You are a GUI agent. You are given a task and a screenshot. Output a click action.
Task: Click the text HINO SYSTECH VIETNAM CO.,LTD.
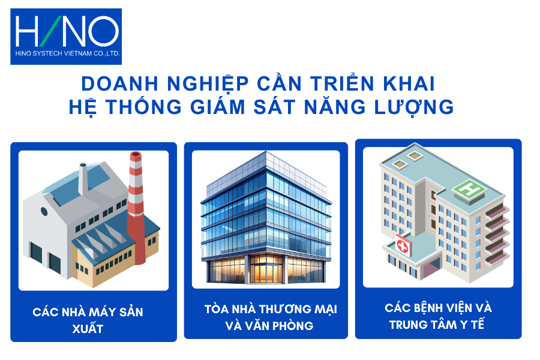[x=67, y=53]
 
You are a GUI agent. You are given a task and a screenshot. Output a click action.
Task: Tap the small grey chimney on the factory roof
[x=83, y=179]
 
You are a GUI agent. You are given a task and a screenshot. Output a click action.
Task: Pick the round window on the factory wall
[x=44, y=211]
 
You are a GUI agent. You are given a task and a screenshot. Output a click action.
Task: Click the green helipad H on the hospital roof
[x=469, y=189]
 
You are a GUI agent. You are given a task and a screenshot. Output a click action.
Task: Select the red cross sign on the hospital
[x=402, y=246]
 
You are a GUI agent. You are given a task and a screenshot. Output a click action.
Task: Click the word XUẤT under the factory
[x=88, y=329]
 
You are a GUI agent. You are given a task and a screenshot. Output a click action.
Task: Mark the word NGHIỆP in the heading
[x=208, y=84]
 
